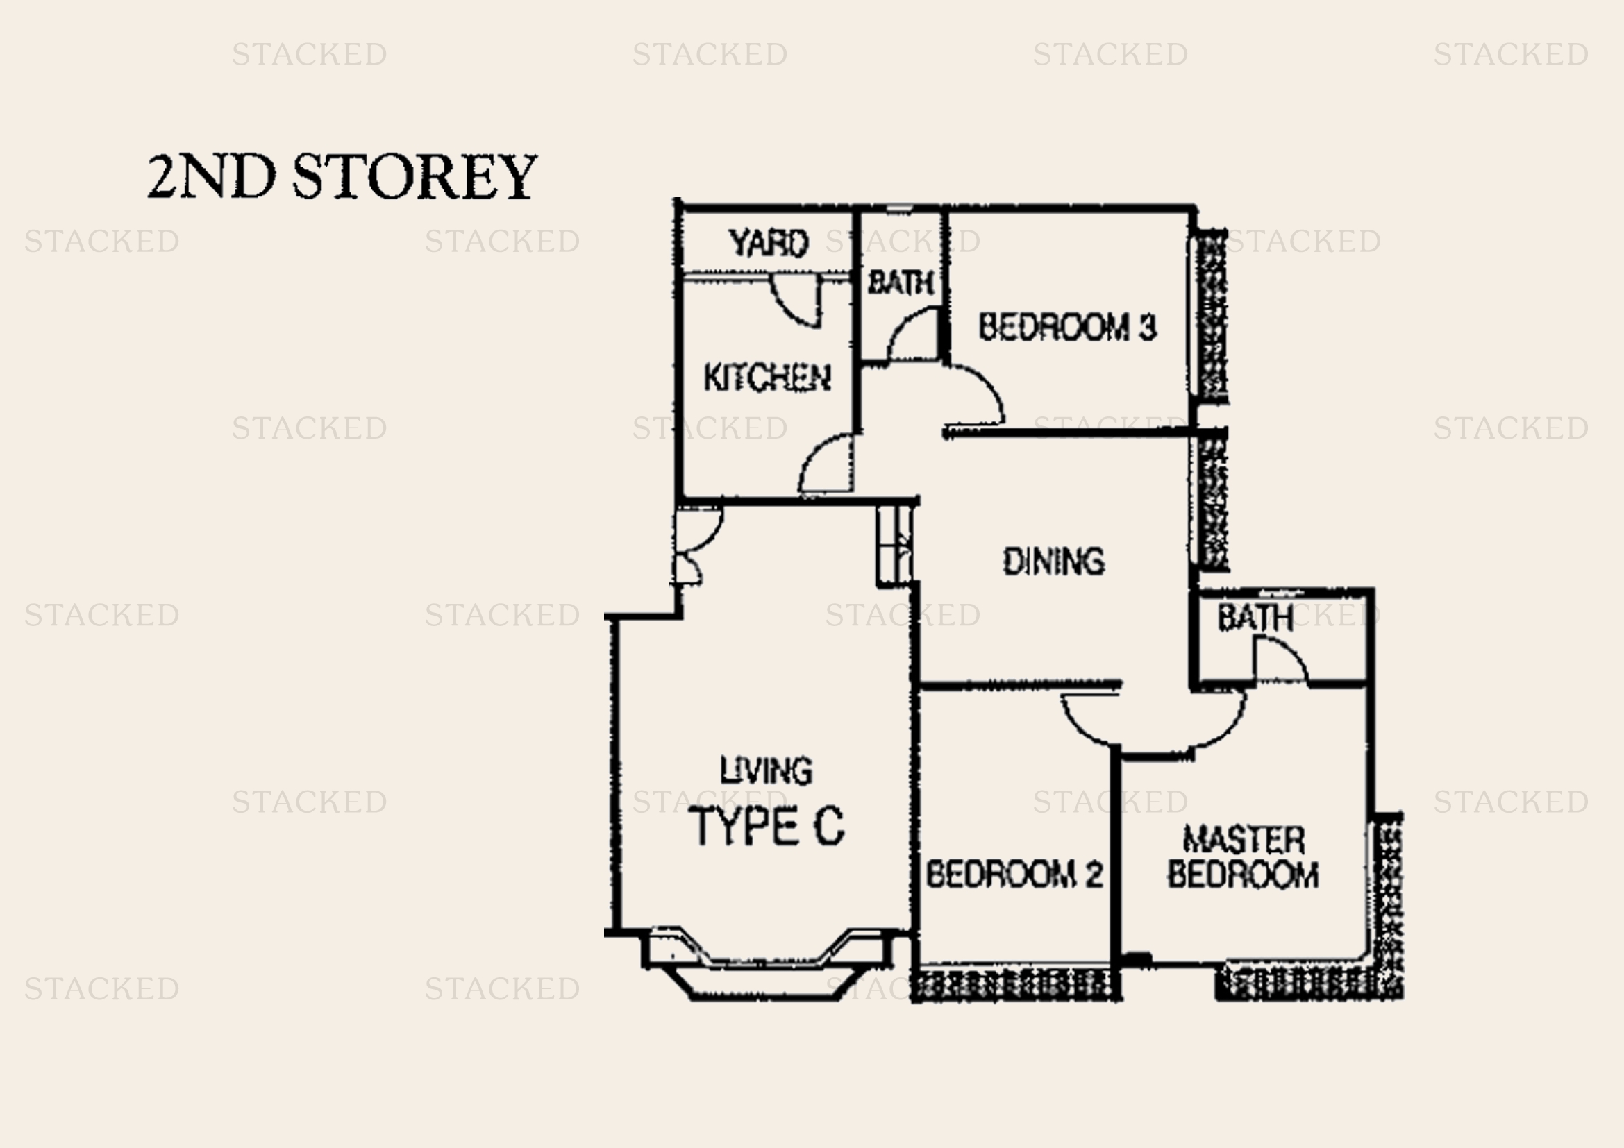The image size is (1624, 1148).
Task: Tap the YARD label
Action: point(768,243)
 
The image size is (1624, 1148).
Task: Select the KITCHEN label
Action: point(767,378)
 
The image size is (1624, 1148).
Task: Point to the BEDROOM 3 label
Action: point(1067,327)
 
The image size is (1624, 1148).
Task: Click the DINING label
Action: point(1054,562)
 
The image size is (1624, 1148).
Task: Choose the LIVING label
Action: point(766,770)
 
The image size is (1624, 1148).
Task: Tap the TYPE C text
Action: point(767,826)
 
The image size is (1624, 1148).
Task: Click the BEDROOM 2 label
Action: point(1014,875)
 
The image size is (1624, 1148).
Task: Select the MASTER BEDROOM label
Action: point(1243,857)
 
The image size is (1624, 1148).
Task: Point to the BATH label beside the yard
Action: point(901,282)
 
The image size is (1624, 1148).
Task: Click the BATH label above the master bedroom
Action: point(1255,618)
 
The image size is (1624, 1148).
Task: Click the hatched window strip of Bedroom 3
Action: point(1211,315)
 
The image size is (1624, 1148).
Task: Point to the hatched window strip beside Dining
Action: point(1212,499)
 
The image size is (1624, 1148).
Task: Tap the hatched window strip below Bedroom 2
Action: point(1016,984)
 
